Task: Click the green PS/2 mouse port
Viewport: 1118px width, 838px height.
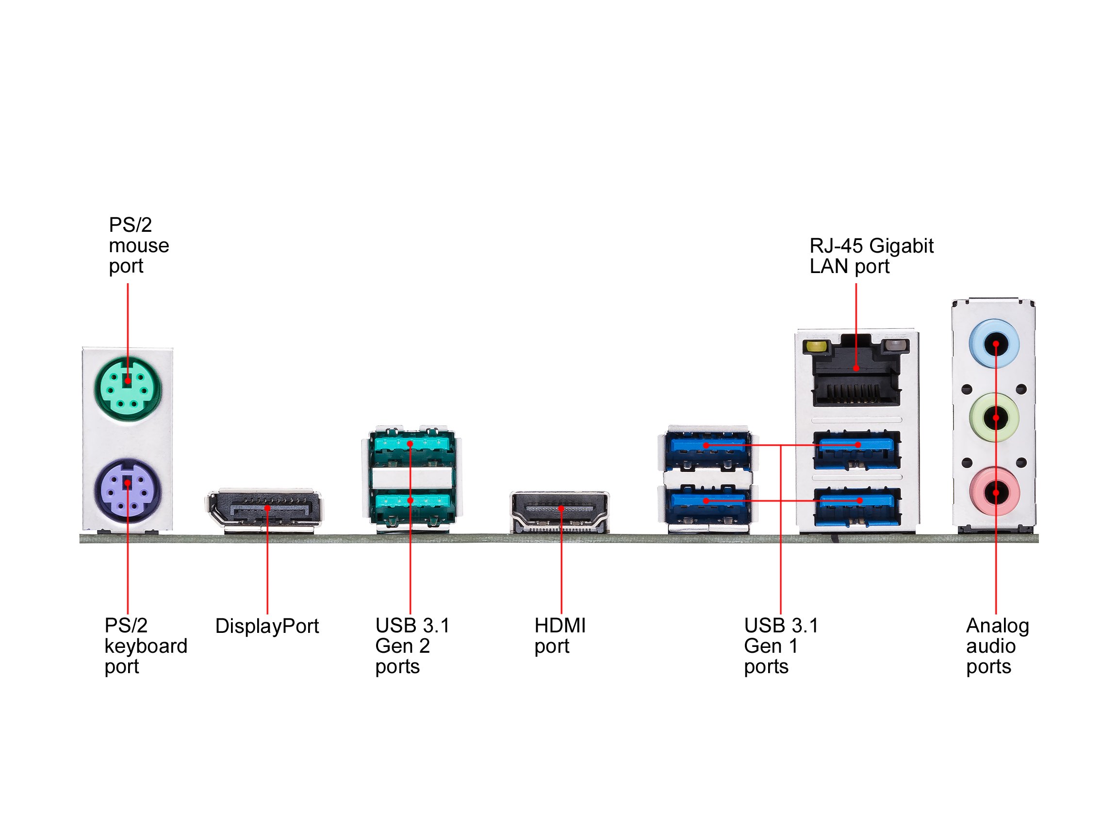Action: tap(128, 388)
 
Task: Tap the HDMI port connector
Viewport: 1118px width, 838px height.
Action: tap(560, 511)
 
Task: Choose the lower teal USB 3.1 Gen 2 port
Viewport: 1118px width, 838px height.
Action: tap(412, 502)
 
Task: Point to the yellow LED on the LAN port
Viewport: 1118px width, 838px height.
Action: tap(814, 347)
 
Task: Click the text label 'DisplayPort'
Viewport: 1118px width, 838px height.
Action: tap(267, 627)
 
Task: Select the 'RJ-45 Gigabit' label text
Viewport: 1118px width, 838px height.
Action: tap(871, 246)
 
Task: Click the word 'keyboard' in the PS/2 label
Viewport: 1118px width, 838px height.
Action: tap(146, 646)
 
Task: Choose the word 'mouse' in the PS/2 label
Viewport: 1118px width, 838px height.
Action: tap(139, 245)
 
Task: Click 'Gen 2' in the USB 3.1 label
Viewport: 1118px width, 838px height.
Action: tap(402, 646)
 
